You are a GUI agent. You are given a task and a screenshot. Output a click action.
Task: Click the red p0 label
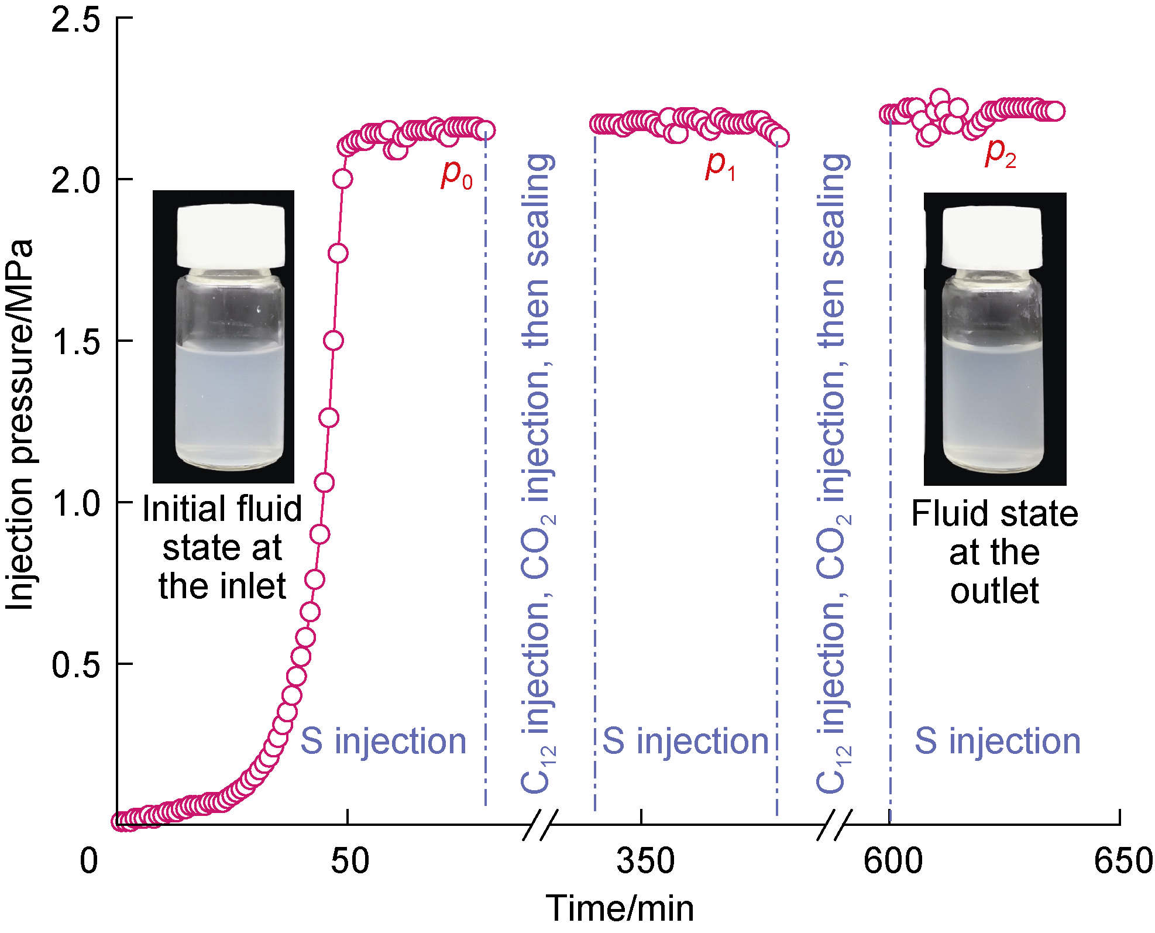456,174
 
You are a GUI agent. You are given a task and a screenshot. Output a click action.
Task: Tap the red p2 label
1000,153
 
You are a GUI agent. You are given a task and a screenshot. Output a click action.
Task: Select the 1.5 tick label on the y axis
75,341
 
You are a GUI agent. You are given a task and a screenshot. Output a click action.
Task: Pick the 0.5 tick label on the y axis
75,664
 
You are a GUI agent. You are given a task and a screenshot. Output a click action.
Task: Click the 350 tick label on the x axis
645,861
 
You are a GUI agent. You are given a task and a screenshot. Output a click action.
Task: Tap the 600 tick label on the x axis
892,861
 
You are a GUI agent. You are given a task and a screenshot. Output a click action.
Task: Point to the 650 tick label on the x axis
1123,861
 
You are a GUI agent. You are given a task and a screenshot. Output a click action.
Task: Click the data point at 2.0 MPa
342,179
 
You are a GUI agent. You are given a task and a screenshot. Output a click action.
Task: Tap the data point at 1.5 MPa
334,340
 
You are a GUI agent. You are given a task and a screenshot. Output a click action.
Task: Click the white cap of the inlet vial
231,236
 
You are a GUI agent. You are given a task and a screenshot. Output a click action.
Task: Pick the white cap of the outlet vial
992,238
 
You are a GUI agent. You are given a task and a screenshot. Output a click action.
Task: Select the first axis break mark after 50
540,825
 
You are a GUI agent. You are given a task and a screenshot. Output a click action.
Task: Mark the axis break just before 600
834,825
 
